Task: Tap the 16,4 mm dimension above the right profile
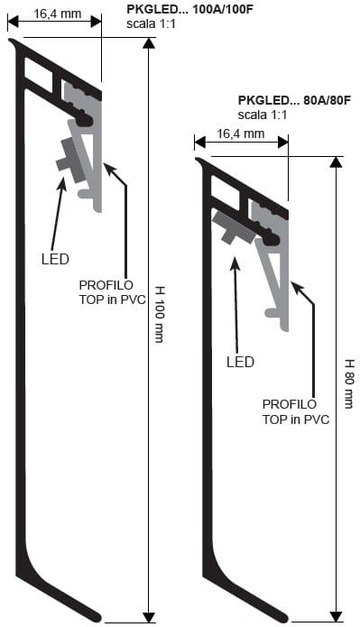tap(241, 134)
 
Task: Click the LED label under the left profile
tap(55, 259)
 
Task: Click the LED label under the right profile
tap(239, 362)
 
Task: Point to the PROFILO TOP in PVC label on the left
tap(104, 290)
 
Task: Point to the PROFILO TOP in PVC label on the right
tap(295, 411)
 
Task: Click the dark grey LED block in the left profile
tap(69, 156)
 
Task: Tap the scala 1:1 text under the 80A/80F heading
tap(263, 115)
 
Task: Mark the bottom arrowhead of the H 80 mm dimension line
tap(337, 615)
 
